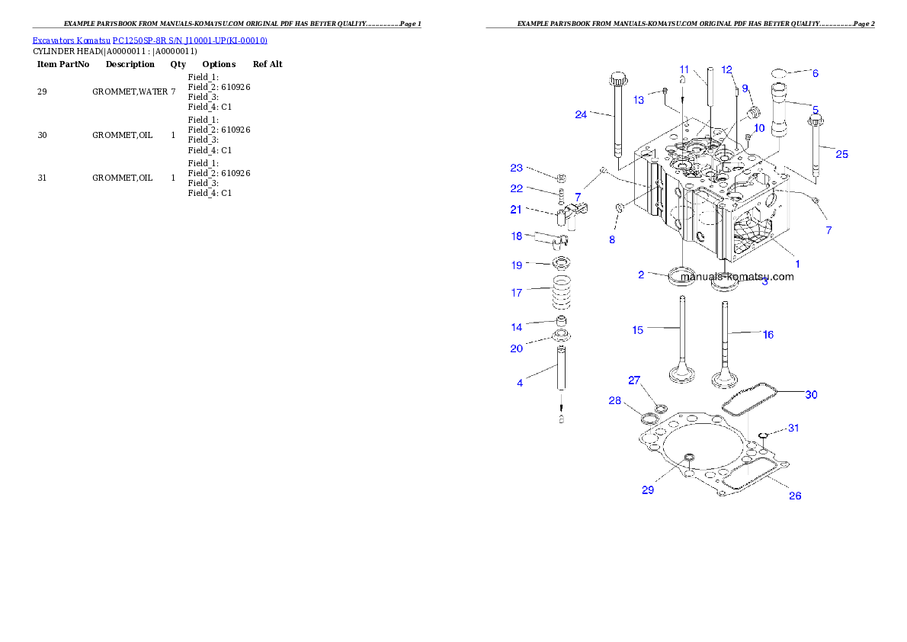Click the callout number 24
[x=581, y=114]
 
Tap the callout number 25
[x=841, y=154]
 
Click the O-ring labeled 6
[x=780, y=73]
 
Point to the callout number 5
[x=815, y=110]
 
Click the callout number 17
[x=517, y=292]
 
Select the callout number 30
[x=812, y=394]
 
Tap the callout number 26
[x=795, y=496]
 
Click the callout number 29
[x=648, y=490]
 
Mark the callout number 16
[x=768, y=334]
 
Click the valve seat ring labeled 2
[x=681, y=276]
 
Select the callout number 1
[x=798, y=263]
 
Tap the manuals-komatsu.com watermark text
[x=737, y=277]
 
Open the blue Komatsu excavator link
[x=149, y=40]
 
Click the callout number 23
[x=517, y=168]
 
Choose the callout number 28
[x=614, y=401]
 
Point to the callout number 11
[x=684, y=69]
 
